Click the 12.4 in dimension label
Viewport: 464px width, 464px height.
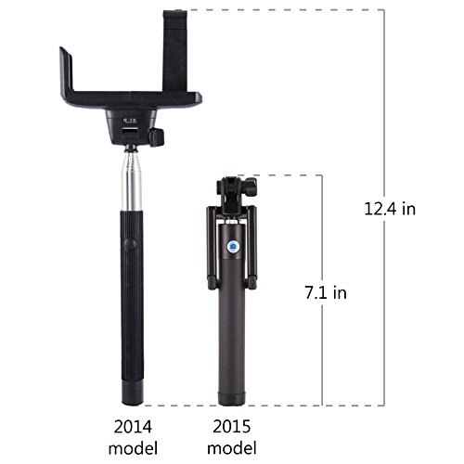390,209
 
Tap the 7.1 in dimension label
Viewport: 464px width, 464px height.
326,292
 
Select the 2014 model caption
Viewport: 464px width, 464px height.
133,437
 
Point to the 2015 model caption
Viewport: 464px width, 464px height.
232,437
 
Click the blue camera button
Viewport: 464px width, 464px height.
232,246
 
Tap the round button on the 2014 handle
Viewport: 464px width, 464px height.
132,244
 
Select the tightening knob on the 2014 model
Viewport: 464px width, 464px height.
157,137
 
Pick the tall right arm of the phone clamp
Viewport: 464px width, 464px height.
175,51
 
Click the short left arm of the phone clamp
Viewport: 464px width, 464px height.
67,72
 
